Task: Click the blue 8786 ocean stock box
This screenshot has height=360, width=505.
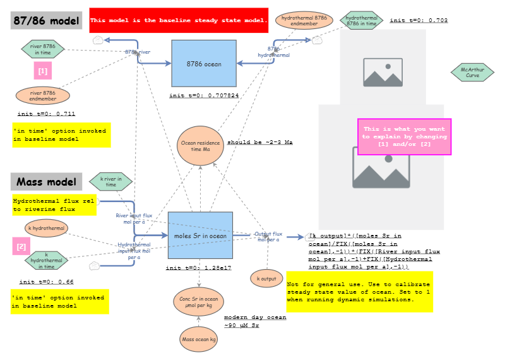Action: pos(203,63)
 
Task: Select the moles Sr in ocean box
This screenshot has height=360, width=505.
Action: pos(199,236)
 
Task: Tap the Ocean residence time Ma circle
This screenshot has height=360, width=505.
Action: pos(200,147)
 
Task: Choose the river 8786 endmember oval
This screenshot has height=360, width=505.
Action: pos(42,95)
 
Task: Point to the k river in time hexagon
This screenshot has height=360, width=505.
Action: pos(110,181)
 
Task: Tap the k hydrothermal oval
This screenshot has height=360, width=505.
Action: pos(46,227)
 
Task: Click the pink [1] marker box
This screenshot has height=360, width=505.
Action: pos(42,71)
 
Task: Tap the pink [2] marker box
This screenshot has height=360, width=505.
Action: pos(21,246)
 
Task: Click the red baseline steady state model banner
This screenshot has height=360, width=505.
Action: pos(179,20)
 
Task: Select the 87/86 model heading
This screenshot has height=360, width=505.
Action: pos(47,20)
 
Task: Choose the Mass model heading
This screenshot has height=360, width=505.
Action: pos(47,183)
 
